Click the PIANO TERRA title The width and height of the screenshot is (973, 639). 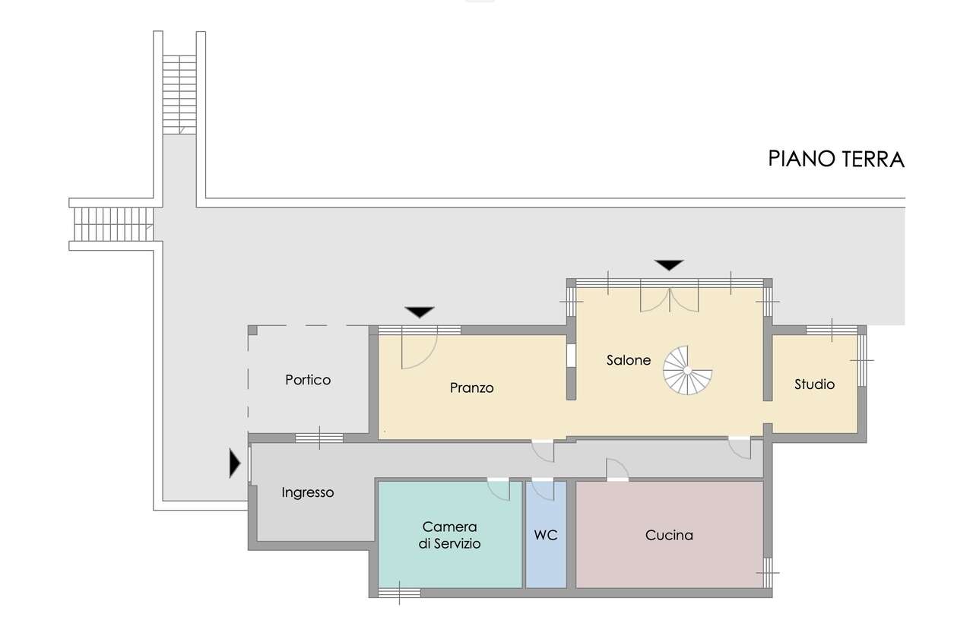pyautogui.click(x=836, y=159)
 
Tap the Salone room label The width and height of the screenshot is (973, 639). pyautogui.click(x=629, y=360)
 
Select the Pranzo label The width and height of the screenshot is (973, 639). pyautogui.click(x=472, y=388)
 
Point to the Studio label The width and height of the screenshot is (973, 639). pyautogui.click(x=814, y=384)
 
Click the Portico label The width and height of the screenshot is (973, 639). pyautogui.click(x=308, y=380)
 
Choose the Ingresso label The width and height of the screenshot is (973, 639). pyautogui.click(x=308, y=492)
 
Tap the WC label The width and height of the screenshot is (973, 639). pyautogui.click(x=546, y=535)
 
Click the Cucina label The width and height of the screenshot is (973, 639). pyautogui.click(x=669, y=535)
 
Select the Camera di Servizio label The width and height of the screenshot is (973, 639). pyautogui.click(x=449, y=535)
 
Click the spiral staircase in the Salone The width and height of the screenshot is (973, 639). pyautogui.click(x=687, y=370)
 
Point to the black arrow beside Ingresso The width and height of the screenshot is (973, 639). pyautogui.click(x=235, y=463)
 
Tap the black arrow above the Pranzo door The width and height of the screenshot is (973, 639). pyautogui.click(x=420, y=312)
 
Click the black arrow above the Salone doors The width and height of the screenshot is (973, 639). pyautogui.click(x=669, y=265)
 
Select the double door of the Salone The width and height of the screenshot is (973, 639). pyautogui.click(x=670, y=299)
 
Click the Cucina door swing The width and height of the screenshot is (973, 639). pyautogui.click(x=617, y=469)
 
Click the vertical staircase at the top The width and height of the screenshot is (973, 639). pyautogui.click(x=179, y=95)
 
